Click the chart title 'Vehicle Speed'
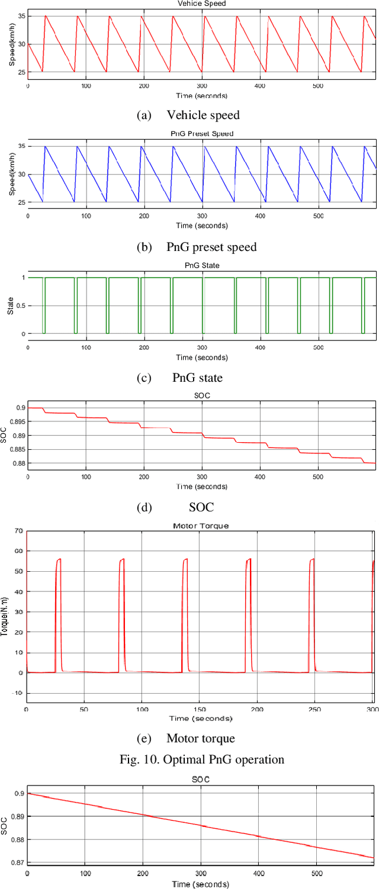[201, 4]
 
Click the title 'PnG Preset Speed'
[201, 134]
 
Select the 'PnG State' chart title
[202, 265]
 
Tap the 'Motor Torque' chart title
[200, 526]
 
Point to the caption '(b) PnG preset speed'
[196, 246]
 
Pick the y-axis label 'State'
[10, 305]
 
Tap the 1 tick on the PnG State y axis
[22, 278]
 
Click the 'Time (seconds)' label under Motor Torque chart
[200, 719]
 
